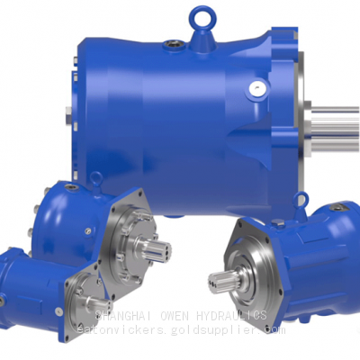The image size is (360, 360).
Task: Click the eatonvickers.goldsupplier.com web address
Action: click(x=181, y=330)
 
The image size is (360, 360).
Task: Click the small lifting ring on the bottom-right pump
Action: click(x=337, y=208)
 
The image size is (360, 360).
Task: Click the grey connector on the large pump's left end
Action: click(x=69, y=116)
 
